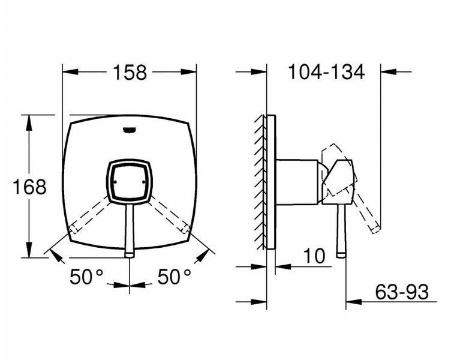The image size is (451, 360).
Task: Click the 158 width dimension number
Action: (130, 72)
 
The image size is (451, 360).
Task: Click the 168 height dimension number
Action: (29, 187)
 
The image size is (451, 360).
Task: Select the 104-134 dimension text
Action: (326, 71)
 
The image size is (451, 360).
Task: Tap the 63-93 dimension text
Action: (402, 292)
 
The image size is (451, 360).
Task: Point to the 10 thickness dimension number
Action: (314, 256)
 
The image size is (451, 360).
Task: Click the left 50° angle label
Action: (86, 277)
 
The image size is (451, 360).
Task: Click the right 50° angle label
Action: (174, 277)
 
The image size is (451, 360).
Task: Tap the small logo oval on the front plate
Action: (130, 130)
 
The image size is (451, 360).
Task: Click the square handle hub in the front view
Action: (130, 182)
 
